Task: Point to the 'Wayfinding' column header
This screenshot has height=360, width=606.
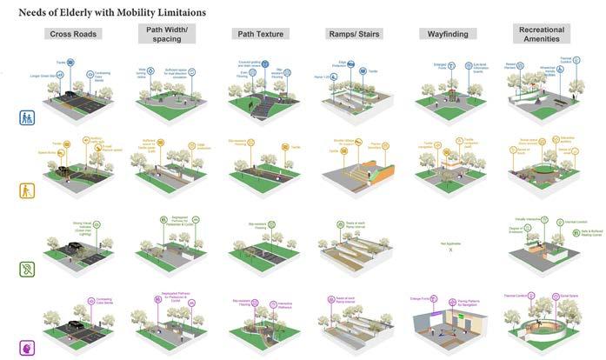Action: tap(449, 34)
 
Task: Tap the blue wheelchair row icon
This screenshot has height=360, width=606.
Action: tap(27, 117)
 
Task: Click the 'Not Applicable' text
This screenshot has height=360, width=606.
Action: tap(449, 245)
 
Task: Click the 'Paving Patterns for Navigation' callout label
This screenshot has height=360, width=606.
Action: tap(465, 303)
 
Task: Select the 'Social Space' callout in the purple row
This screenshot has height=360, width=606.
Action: tap(560, 297)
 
